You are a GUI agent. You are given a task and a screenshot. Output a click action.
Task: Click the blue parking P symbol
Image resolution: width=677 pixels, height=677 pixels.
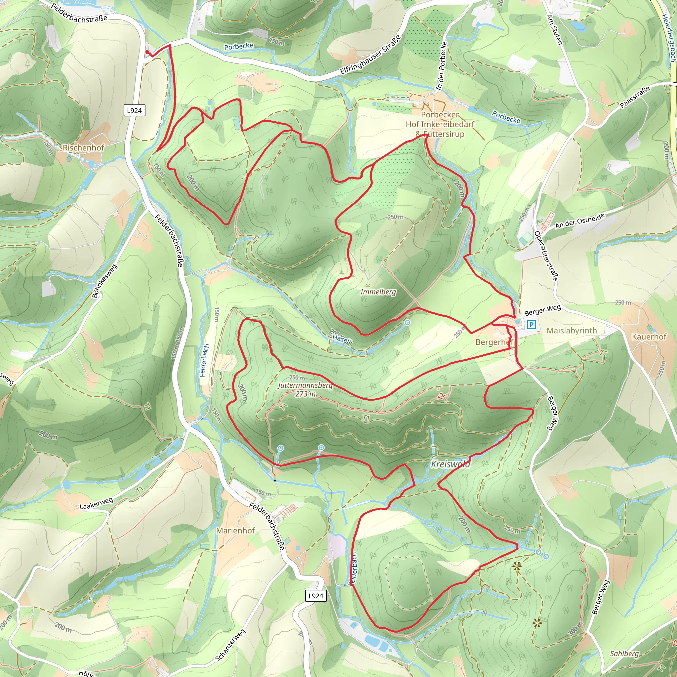click(531, 325)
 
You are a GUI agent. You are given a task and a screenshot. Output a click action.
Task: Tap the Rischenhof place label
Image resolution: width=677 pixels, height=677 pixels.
click(83, 147)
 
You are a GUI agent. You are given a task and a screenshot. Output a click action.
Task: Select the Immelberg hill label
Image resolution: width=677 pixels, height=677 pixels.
click(378, 292)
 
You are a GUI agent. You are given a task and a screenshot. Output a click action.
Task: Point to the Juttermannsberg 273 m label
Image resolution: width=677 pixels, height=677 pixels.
click(305, 389)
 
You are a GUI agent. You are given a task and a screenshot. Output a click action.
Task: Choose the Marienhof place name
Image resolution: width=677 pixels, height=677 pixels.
click(235, 531)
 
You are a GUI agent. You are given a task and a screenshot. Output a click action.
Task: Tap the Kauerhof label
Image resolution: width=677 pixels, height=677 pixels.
click(649, 337)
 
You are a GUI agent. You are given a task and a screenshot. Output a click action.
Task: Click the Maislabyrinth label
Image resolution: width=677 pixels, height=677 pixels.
click(572, 331)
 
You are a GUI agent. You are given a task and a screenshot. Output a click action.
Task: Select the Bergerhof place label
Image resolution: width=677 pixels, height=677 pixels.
click(494, 342)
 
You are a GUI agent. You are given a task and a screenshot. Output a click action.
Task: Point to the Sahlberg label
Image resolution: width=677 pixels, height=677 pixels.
click(624, 654)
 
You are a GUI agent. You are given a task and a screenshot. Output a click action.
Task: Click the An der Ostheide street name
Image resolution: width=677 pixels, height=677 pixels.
click(580, 221)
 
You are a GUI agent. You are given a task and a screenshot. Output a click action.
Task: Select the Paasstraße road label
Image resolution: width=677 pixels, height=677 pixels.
click(635, 97)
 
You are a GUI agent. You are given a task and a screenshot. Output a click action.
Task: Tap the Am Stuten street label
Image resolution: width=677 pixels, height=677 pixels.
click(554, 30)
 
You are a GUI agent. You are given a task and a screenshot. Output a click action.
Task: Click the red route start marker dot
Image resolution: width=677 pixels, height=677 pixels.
click(147, 52)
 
